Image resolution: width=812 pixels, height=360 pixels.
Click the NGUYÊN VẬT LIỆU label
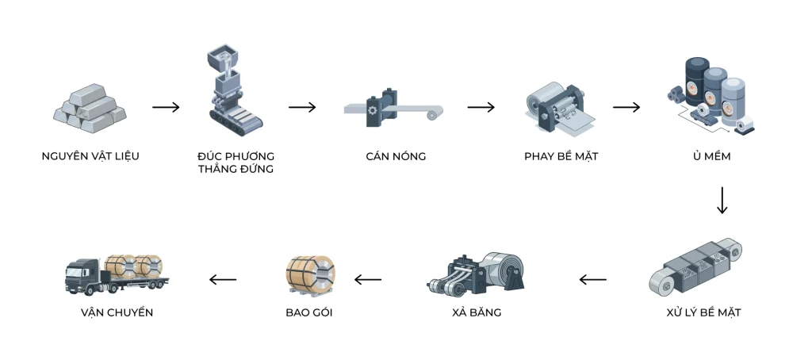tap(90, 156)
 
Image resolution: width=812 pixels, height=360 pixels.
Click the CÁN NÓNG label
tap(396, 156)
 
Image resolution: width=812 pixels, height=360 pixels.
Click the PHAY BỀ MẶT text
tap(561, 156)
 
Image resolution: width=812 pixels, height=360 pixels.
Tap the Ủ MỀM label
tap(711, 156)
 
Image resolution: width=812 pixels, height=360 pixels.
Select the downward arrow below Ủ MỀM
tap(722, 201)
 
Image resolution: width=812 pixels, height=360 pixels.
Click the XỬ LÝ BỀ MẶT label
tap(704, 312)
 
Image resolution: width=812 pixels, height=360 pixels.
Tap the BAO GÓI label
tap(309, 312)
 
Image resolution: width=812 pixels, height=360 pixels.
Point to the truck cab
tap(82, 274)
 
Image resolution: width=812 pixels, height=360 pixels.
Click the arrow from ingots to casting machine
tap(166, 107)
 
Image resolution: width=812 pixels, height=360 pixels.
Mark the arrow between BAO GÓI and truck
tap(223, 279)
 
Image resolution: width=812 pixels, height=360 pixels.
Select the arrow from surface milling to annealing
tap(626, 107)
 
